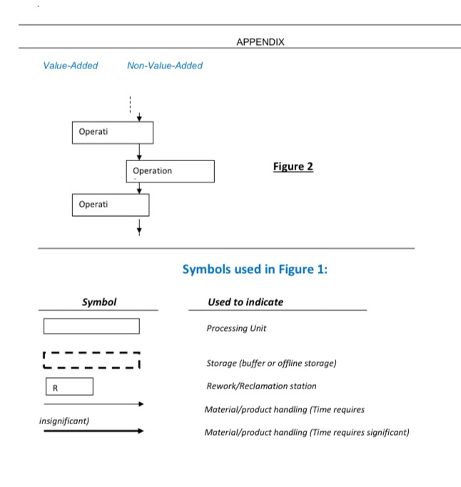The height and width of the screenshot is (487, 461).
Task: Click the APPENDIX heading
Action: point(260,42)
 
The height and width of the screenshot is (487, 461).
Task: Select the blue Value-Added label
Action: point(71,66)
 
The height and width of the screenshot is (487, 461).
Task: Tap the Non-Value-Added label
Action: point(165,66)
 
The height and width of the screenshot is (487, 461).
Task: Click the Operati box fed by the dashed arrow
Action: point(113,133)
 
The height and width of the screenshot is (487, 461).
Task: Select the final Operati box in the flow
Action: point(111,205)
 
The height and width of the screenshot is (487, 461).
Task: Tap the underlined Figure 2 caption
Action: point(293,167)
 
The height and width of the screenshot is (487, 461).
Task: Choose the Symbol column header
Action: point(99,302)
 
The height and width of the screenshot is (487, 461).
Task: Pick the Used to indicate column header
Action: point(245,302)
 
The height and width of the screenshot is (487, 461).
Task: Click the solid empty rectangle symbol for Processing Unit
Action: point(91,327)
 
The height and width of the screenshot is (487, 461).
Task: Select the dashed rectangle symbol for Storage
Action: point(91,359)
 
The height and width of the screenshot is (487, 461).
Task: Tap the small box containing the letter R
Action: point(69,386)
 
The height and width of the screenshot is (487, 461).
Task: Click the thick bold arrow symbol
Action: point(93,431)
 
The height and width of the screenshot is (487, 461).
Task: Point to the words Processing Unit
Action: point(236,329)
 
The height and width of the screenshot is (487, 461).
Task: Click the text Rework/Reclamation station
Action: point(260,386)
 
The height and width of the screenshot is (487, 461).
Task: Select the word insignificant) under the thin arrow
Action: point(64,421)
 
